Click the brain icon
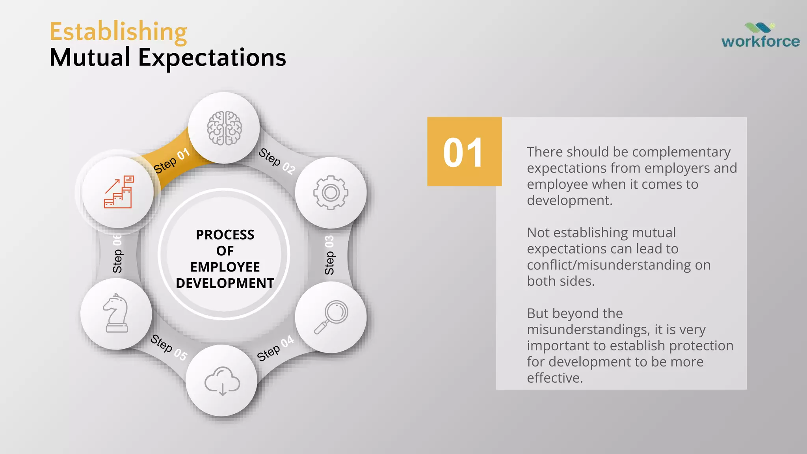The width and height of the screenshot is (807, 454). (x=224, y=128)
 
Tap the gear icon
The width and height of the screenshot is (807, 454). (x=331, y=193)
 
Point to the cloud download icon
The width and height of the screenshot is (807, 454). (x=222, y=381)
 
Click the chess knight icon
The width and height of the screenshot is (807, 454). (x=116, y=314)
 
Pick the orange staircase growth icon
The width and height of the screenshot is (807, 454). (x=119, y=192)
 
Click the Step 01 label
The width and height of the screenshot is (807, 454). (x=171, y=161)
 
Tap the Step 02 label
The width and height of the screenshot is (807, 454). (x=277, y=161)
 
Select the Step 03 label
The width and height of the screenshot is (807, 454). (x=329, y=255)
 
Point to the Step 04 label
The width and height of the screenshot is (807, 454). (x=275, y=348)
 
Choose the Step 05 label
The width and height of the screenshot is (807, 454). (x=169, y=347)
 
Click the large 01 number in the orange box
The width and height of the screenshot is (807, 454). (x=463, y=153)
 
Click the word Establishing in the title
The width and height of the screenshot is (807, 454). (x=118, y=32)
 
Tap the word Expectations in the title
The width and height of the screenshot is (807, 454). (x=212, y=58)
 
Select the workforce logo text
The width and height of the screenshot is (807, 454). (x=760, y=41)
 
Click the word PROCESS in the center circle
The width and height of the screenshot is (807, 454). (x=225, y=235)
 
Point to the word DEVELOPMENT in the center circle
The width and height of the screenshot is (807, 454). (x=225, y=283)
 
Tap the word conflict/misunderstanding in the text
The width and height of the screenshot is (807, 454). (x=609, y=265)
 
